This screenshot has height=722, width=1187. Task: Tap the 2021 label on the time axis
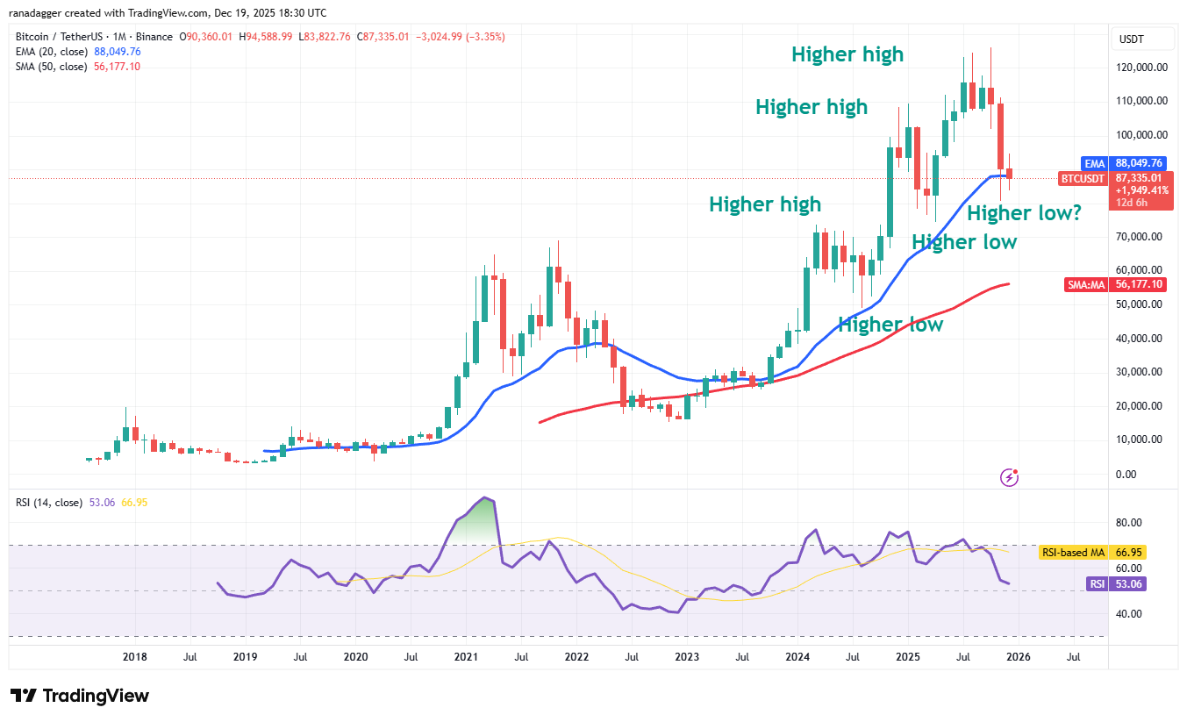[x=466, y=655]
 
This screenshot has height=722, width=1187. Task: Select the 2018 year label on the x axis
[x=134, y=655]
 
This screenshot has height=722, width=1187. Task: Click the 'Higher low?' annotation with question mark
[x=1024, y=213]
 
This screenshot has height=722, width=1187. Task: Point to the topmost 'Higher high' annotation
[x=847, y=54]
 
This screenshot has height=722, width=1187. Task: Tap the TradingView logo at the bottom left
[x=79, y=696]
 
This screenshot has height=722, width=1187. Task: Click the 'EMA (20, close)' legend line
[x=77, y=52]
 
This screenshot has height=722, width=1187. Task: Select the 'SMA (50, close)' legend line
[x=77, y=67]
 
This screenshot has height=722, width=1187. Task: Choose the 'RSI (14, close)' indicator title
[x=50, y=503]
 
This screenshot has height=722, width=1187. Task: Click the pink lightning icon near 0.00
[x=1009, y=477]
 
